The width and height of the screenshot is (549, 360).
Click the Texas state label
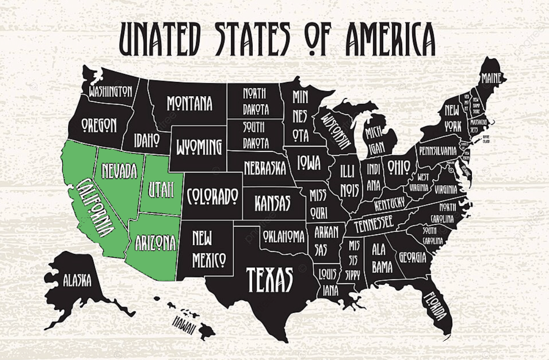pos(270,279)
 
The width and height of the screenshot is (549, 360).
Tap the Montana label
pos(190,103)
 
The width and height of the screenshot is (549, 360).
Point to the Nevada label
pos(120,170)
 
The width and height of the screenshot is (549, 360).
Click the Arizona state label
pos(155,243)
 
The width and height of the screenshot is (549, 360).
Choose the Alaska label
pos(77,280)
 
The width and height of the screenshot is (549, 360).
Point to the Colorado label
pos(212,196)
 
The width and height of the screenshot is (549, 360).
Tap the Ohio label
pos(399,167)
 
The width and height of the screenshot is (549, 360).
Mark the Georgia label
pos(412,258)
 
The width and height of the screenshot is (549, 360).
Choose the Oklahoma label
pos(284,236)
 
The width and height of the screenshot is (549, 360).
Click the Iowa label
pos(309,162)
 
